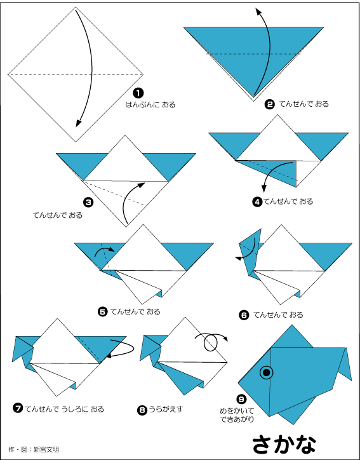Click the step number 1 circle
138,93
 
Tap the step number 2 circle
269,104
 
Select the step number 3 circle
88,203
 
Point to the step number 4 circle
257,202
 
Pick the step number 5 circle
103,311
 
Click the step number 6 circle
244,315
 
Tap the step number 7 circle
18,409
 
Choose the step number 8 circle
142,410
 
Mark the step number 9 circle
241,399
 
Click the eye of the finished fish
267,372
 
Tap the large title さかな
284,444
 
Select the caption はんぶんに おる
150,105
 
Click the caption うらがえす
166,409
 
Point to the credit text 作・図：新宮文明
34,449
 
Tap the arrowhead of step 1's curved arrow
78,123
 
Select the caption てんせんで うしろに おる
65,409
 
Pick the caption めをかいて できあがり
237,415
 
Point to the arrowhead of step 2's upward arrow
258,11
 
